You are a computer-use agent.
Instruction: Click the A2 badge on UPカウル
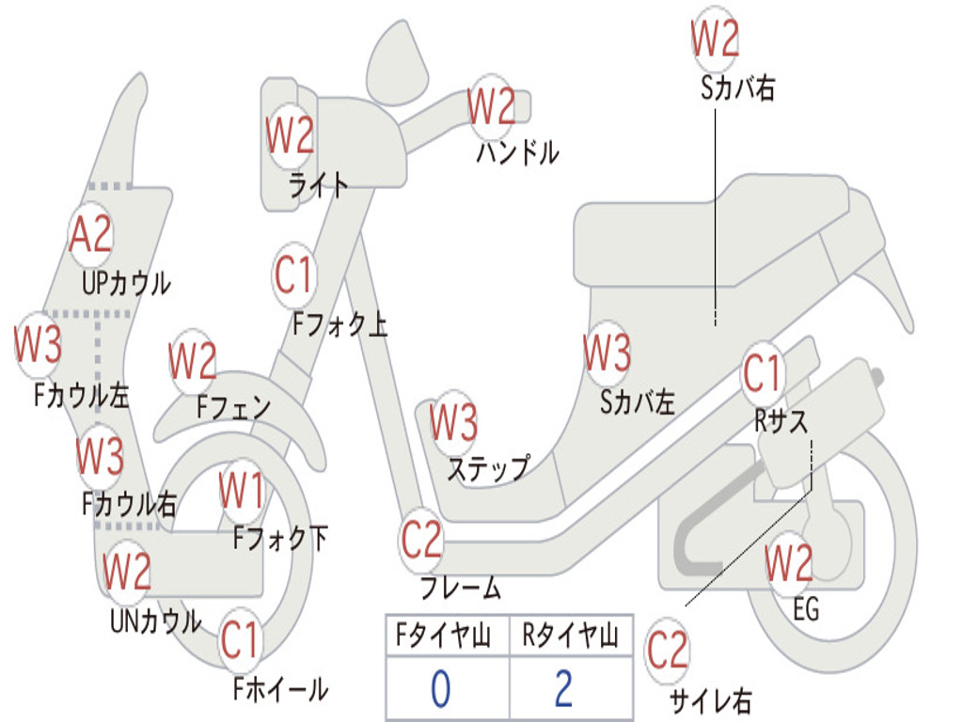click(91, 234)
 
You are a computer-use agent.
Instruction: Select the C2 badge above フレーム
click(421, 540)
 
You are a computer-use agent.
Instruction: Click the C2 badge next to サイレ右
click(668, 651)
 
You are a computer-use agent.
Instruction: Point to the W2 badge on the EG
click(788, 564)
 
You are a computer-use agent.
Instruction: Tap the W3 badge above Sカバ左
click(607, 353)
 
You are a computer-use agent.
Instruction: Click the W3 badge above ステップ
click(453, 422)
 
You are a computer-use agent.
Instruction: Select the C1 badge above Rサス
click(763, 374)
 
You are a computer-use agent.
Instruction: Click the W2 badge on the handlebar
click(492, 106)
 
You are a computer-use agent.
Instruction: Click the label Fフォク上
click(339, 324)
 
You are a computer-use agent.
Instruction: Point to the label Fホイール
click(280, 690)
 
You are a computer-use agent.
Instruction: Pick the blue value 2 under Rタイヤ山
click(564, 689)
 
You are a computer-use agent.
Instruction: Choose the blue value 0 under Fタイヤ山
click(441, 689)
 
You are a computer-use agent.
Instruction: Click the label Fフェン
click(234, 408)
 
